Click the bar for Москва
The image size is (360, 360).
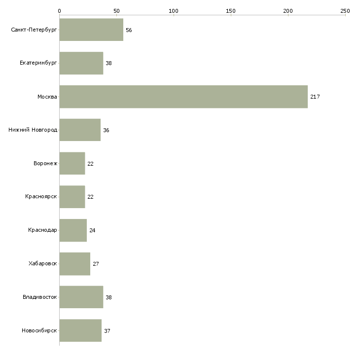click(x=183, y=97)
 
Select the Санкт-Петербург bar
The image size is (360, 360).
click(x=91, y=30)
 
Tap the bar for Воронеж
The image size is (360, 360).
click(x=72, y=163)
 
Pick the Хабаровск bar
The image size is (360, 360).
click(x=75, y=264)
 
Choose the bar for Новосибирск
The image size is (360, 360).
click(x=80, y=330)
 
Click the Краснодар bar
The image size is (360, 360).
click(x=73, y=230)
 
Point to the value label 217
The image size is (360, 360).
click(x=315, y=97)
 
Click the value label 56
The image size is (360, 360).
click(x=129, y=30)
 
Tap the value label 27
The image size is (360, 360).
click(x=96, y=264)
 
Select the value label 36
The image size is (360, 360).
click(x=106, y=130)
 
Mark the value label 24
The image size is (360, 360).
click(x=92, y=230)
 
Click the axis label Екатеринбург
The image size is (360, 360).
click(x=38, y=63)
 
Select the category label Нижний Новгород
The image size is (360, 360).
click(x=33, y=130)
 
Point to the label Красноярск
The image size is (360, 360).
click(x=41, y=197)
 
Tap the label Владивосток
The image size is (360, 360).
click(x=40, y=297)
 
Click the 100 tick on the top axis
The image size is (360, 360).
click(x=174, y=11)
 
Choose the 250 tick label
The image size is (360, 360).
click(x=345, y=11)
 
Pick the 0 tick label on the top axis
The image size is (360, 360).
click(x=60, y=11)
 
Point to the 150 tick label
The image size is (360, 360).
click(x=231, y=11)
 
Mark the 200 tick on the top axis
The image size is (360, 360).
click(x=288, y=11)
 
